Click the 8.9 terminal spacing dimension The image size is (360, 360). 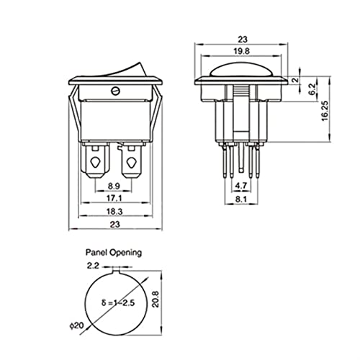tap(114, 186)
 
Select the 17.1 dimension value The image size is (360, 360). tap(114, 198)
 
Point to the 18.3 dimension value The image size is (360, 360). tap(114, 212)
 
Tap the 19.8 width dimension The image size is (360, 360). tap(241, 51)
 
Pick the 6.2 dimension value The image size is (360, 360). tap(312, 89)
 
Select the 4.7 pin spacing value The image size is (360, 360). tap(240, 186)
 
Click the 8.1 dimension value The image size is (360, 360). tap(241, 199)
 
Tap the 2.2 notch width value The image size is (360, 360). tap(93, 266)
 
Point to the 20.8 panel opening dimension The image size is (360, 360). tap(156, 300)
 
